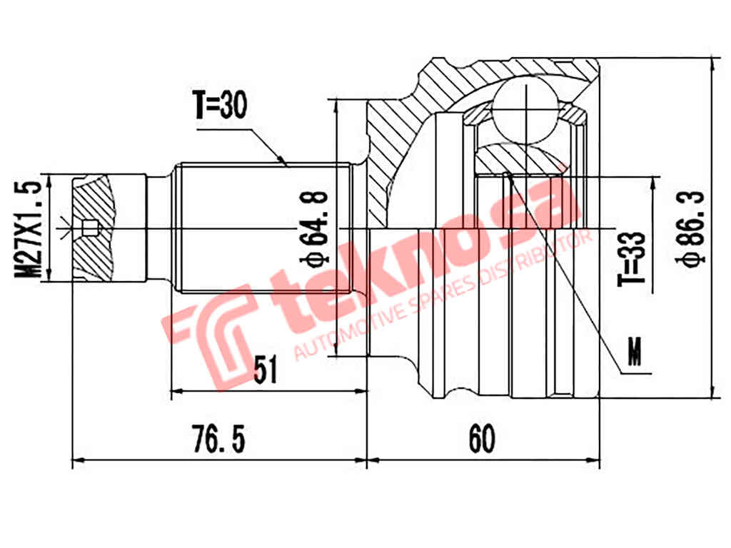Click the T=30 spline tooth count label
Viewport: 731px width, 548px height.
pyautogui.click(x=219, y=106)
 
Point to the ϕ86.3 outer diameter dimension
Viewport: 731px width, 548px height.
pyautogui.click(x=693, y=228)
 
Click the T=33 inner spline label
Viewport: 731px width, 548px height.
pyautogui.click(x=632, y=258)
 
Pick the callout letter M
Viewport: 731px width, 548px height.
pyautogui.click(x=633, y=349)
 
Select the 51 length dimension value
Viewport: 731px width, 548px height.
pyautogui.click(x=266, y=370)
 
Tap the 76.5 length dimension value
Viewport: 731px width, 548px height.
pyautogui.click(x=220, y=439)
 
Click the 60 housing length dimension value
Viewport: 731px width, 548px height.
pyautogui.click(x=482, y=439)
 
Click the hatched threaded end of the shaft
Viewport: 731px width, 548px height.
pyautogui.click(x=93, y=228)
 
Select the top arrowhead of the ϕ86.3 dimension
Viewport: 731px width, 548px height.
pyautogui.click(x=712, y=64)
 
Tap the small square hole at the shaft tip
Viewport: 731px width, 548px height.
pyautogui.click(x=89, y=228)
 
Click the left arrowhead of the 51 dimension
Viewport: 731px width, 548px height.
pyautogui.click(x=176, y=391)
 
